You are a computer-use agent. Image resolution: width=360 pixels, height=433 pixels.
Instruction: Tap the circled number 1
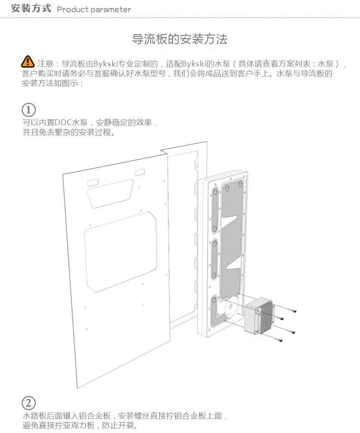[x=29, y=110]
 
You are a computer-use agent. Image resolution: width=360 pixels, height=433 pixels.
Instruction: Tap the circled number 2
[x=29, y=403]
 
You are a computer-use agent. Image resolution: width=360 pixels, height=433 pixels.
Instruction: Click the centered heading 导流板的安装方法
[x=179, y=39]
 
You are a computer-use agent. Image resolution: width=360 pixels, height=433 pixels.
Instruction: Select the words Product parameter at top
[x=94, y=10]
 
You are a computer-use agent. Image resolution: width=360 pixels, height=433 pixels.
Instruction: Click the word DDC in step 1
[x=64, y=123]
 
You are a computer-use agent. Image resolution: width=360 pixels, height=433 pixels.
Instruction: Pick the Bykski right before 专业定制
[x=106, y=64]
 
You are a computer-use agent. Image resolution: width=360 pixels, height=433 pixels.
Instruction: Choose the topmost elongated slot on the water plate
[x=214, y=211]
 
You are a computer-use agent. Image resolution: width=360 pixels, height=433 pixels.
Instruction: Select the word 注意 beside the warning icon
[x=45, y=64]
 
